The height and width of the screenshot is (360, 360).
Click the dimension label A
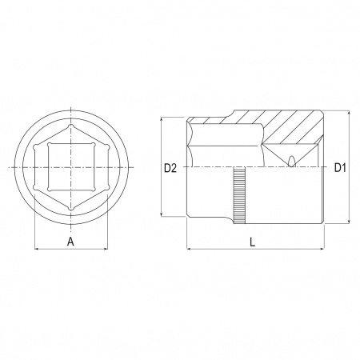(70, 242)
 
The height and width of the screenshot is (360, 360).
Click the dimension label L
(252, 242)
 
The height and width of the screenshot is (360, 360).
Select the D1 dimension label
(340, 168)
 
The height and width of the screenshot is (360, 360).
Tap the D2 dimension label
(170, 168)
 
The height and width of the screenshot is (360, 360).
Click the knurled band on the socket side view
(239, 195)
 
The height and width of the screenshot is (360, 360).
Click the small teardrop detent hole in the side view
(291, 161)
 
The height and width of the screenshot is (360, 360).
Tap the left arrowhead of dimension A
(37, 249)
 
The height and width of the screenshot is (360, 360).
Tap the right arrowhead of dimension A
(106, 249)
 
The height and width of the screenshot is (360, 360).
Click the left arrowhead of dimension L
(189, 249)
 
